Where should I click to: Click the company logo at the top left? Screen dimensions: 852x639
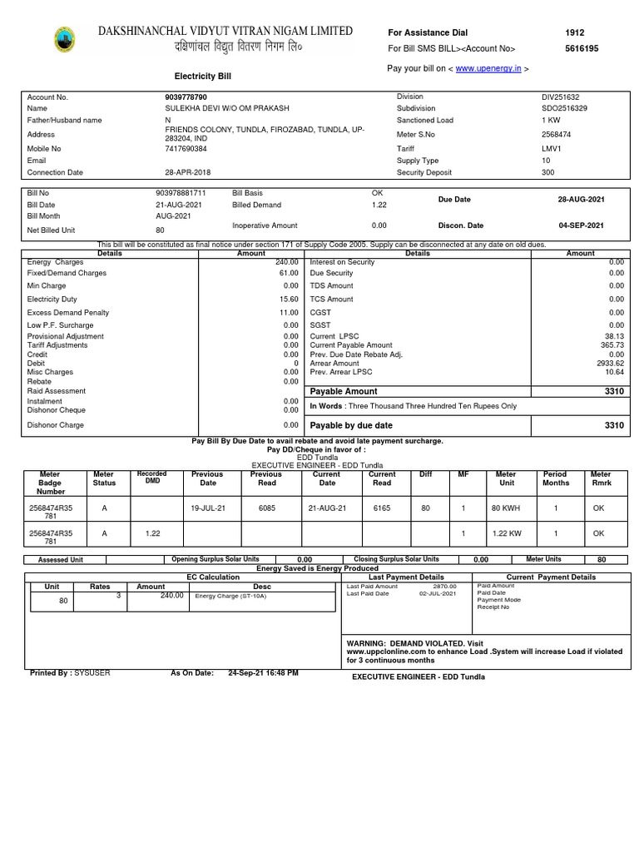coord(63,39)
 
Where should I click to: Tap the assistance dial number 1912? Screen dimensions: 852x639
coord(574,32)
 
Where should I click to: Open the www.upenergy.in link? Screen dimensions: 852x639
coord(488,68)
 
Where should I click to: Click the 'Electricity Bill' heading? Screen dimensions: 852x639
coord(202,77)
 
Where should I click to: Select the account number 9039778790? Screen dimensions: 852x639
coord(187,97)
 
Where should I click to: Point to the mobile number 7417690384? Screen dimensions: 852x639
coord(186,149)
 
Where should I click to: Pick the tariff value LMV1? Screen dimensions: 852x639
coord(552,149)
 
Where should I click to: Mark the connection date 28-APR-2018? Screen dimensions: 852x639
coord(188,173)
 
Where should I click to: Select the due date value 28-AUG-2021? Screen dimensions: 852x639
coord(581,201)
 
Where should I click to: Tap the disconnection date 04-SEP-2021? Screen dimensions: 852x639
coord(581,225)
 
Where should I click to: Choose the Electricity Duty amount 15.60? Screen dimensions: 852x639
coord(289,299)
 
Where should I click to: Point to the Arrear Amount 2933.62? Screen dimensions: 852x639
coord(610,364)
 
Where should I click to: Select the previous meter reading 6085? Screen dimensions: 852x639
coord(266,507)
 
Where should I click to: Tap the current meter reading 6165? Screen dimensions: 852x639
coord(381,507)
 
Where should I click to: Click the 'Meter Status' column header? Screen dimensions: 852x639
coord(104,478)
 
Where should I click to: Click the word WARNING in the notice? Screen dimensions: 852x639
coord(371,643)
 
